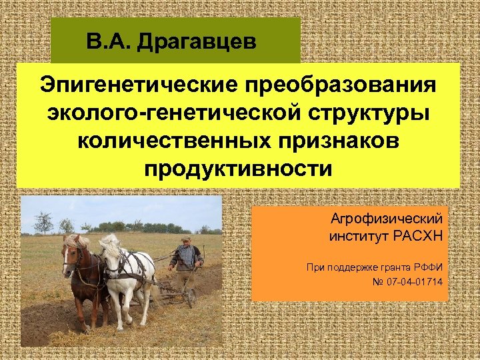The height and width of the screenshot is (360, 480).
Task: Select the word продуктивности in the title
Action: [237, 169]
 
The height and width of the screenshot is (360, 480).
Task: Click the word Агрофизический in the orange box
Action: [387, 219]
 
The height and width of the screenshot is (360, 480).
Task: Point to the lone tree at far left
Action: [43, 221]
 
